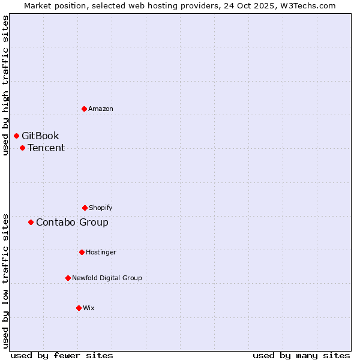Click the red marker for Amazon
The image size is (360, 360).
84,109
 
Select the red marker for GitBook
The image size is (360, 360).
16,136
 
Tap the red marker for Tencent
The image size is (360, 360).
22,148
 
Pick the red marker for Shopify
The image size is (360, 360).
85,208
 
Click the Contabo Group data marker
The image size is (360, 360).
31,222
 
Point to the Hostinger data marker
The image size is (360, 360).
82,252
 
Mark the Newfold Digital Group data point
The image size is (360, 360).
68,278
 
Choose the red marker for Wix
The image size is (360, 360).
79,308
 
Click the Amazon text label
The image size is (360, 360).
101,109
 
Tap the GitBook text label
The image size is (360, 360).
40,136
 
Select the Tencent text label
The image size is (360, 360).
46,148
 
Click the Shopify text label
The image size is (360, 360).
101,208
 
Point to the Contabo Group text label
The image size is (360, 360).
72,222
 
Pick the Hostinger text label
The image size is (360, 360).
101,252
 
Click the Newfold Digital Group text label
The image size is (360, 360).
107,278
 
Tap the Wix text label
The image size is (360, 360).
89,308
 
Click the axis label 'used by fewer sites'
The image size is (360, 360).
62,355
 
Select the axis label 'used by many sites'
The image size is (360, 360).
301,355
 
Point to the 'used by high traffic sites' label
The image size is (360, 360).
6,86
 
